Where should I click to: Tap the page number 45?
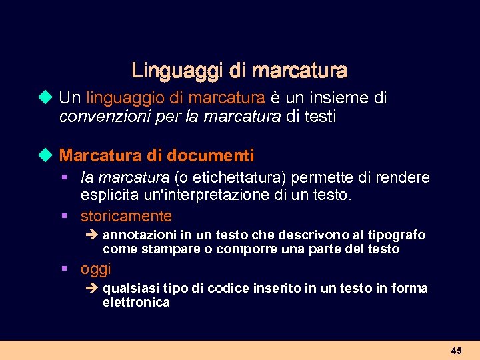[456, 350]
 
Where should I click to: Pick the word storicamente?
[126, 216]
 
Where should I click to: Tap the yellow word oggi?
[95, 269]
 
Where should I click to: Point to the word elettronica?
[136, 303]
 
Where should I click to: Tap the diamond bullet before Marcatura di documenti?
[45, 156]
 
